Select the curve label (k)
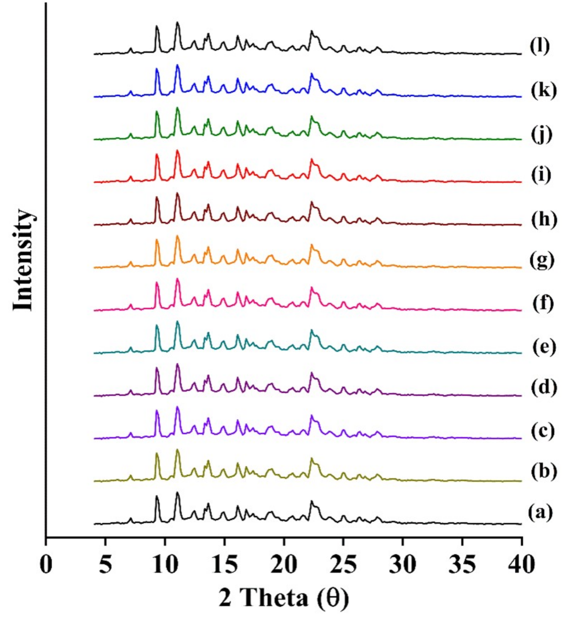(543, 91)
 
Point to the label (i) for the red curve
(541, 175)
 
